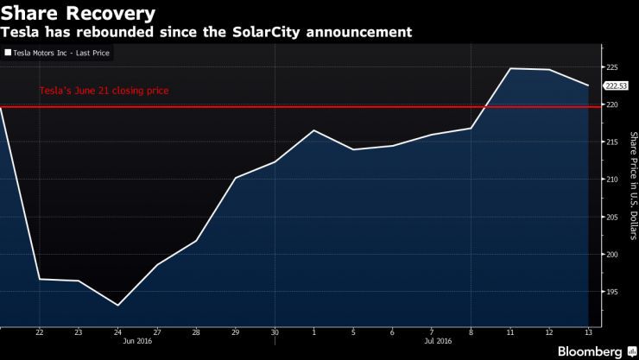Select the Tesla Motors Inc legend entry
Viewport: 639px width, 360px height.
[59, 53]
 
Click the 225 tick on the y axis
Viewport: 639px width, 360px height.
[610, 67]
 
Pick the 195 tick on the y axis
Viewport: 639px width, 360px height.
[610, 292]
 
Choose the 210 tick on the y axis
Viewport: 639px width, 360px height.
[610, 180]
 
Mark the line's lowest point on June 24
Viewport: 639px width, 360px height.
[117, 306]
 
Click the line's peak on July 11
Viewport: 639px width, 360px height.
[509, 68]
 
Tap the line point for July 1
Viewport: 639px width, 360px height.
[313, 130]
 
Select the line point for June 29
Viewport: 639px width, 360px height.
[236, 178]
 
